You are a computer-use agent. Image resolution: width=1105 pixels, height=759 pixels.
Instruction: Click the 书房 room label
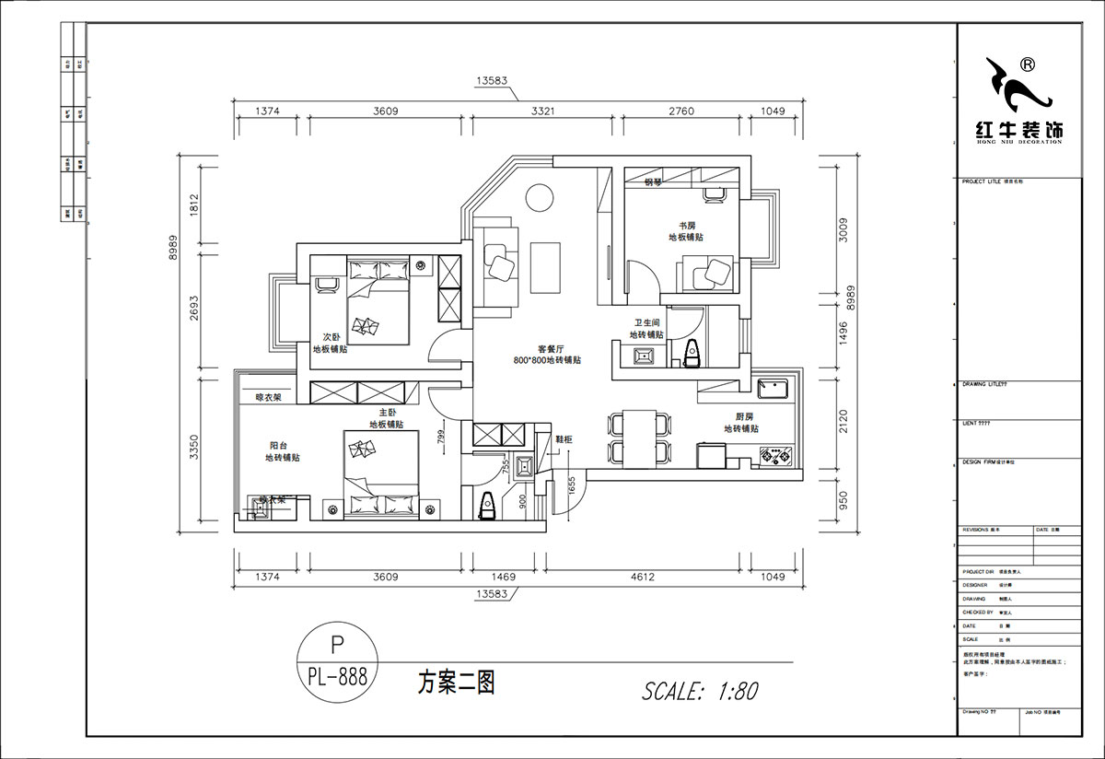(x=686, y=225)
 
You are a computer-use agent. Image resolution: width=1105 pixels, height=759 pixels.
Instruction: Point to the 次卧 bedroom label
(x=330, y=337)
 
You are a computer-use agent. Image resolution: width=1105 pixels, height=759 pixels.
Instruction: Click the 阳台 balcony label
(x=265, y=445)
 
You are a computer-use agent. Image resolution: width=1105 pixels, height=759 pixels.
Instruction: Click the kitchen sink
(x=772, y=390)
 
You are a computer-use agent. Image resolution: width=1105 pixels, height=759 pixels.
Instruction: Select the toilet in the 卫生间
(x=692, y=351)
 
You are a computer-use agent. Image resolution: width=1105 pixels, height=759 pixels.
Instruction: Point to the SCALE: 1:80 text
(x=699, y=691)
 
